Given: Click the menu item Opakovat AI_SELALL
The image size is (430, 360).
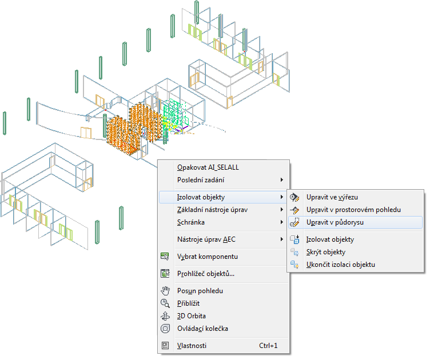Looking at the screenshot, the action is click(x=208, y=167).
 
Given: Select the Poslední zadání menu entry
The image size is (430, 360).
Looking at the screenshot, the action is click(x=201, y=180).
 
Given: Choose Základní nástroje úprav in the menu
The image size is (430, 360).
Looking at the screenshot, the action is click(x=212, y=210).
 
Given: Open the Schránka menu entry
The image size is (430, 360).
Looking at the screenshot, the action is click(x=191, y=222).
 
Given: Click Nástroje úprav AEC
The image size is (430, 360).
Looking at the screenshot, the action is click(x=206, y=239).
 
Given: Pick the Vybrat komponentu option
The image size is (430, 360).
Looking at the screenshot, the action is click(x=208, y=257).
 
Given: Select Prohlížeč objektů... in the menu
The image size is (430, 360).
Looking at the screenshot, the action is click(x=206, y=274).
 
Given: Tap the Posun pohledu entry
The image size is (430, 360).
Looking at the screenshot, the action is click(x=200, y=291).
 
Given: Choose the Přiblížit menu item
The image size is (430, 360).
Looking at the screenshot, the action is click(x=188, y=303).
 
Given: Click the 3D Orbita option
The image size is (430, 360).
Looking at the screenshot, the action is click(x=192, y=316).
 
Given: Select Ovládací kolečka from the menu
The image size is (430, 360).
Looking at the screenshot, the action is click(x=202, y=329).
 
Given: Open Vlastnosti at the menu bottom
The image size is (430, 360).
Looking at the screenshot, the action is click(x=192, y=346).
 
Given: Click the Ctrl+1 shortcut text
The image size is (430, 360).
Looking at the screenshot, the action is click(x=268, y=346).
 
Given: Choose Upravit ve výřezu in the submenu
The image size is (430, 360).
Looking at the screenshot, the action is click(x=332, y=197).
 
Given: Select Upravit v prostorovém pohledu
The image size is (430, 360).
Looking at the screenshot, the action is click(x=353, y=210).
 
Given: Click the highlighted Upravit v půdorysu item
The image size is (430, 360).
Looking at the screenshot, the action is click(x=335, y=222).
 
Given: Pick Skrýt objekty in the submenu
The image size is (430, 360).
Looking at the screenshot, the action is click(x=326, y=252).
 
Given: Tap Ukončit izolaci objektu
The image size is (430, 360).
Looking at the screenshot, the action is click(x=341, y=265).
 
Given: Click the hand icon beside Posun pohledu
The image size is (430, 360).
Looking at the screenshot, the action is click(x=165, y=291).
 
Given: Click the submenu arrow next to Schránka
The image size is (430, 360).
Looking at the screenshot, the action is click(x=282, y=222).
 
